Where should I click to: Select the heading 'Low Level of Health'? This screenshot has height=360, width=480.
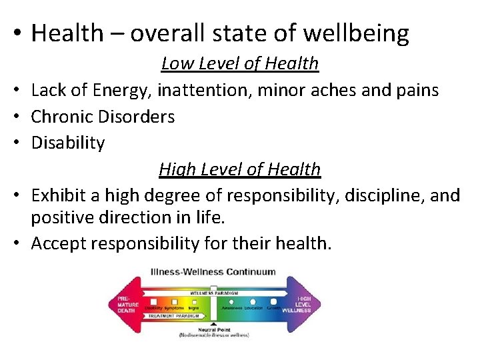(240, 63)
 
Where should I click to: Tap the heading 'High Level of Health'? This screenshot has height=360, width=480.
(240, 169)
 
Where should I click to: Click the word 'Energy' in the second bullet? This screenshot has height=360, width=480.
(109, 90)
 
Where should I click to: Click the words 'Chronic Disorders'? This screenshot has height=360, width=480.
(103, 117)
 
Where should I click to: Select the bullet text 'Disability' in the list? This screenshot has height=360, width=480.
(68, 143)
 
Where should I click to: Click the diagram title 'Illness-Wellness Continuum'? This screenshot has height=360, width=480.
(213, 272)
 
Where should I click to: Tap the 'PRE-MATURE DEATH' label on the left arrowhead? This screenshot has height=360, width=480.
(127, 305)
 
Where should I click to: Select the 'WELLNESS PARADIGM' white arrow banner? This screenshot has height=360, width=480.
(211, 292)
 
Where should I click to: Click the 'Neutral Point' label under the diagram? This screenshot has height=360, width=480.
(213, 329)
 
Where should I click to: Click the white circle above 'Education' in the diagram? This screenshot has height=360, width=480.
(253, 301)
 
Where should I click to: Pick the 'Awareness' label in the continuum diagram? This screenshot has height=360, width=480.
(231, 308)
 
